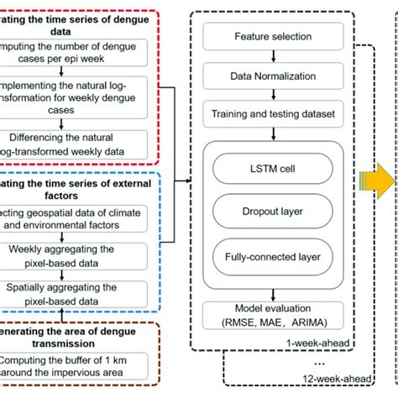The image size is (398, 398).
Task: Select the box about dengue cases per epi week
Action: point(80,50)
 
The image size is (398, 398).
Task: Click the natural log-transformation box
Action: point(80,93)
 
